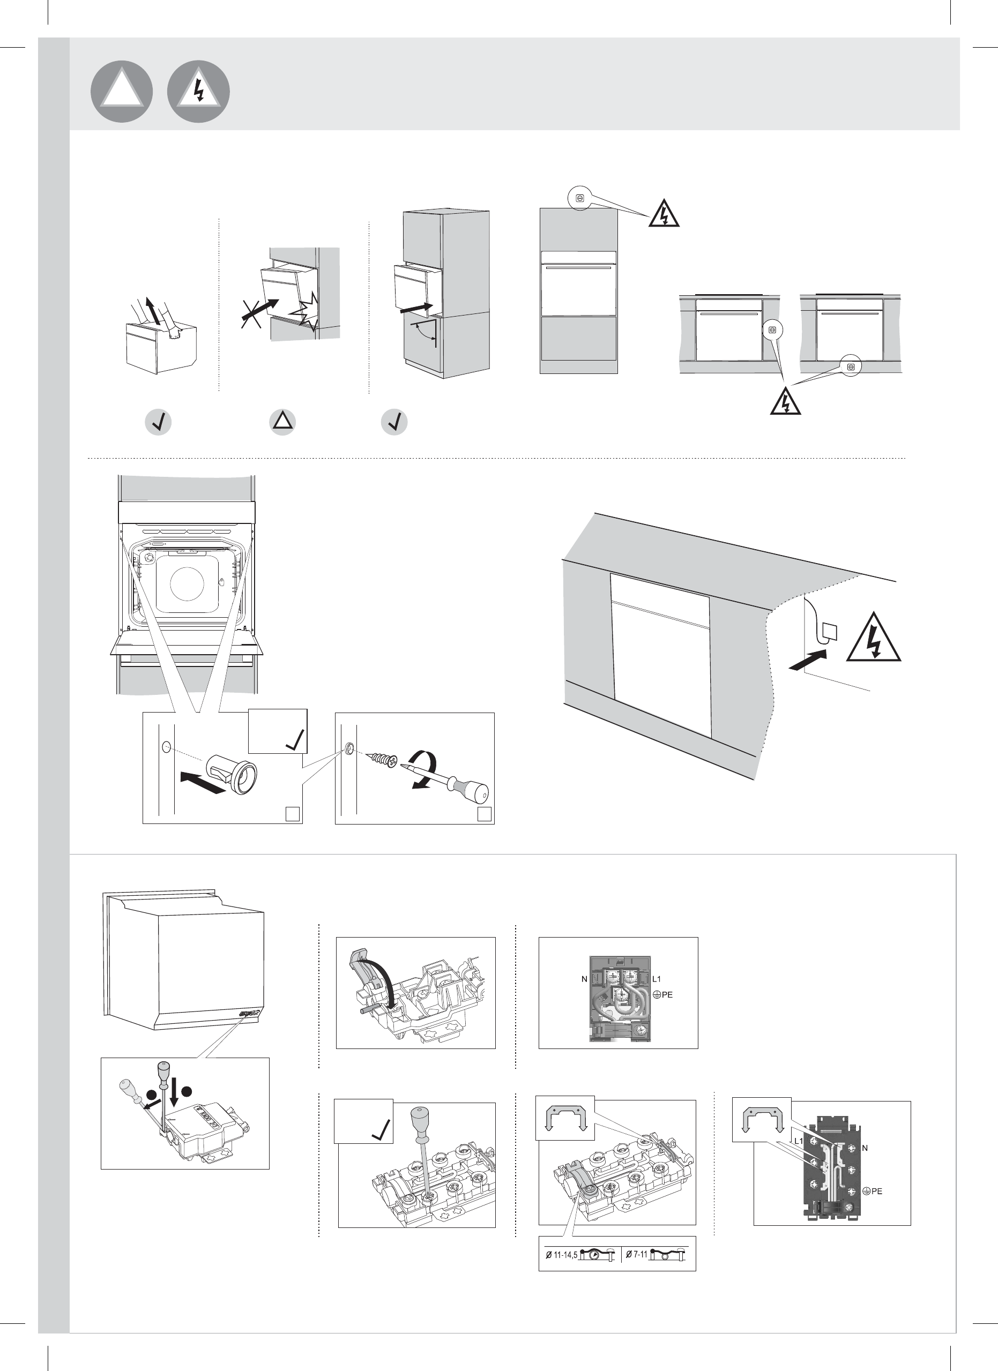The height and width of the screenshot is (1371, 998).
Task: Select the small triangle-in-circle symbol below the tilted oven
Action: click(282, 422)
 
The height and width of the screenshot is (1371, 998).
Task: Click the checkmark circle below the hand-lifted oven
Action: click(159, 422)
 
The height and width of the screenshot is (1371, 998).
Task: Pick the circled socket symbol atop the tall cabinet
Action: click(580, 198)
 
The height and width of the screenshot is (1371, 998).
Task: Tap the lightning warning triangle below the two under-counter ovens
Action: click(785, 400)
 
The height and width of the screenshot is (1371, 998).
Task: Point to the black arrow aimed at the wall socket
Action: click(808, 660)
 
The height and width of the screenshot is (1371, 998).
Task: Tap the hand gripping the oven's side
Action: click(175, 329)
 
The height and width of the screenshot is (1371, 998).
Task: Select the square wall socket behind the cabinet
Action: click(830, 632)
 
